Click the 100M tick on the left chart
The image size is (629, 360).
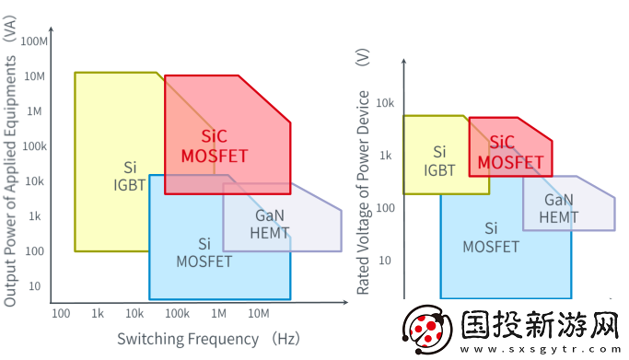[33, 41]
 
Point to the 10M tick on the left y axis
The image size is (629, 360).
[35, 75]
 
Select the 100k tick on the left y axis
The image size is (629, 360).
[33, 146]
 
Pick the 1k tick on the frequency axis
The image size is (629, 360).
[98, 314]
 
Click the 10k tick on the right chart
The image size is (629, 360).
[385, 103]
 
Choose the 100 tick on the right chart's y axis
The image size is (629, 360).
[384, 208]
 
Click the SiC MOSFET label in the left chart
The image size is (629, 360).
[214, 146]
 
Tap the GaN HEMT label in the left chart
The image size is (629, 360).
[270, 224]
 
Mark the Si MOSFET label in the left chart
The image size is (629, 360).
[204, 251]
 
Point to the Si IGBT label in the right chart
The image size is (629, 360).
[439, 159]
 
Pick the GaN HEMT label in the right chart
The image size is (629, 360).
[559, 208]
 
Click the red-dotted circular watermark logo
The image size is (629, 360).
[426, 330]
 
